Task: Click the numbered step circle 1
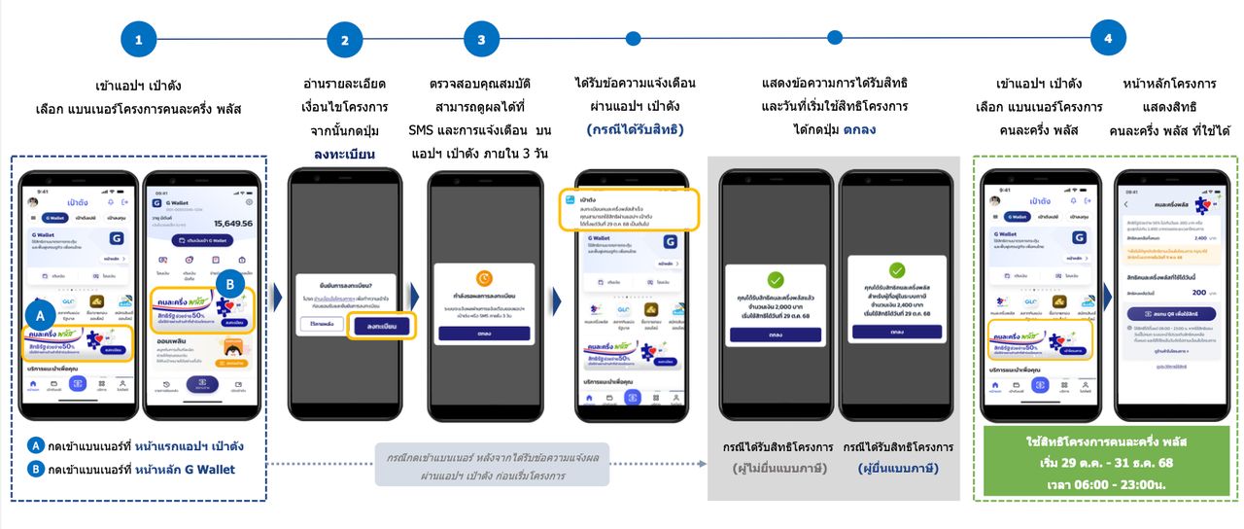coord(139,40)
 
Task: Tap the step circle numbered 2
coord(344,40)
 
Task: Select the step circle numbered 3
coord(481,40)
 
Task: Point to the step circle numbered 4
coord(1108,39)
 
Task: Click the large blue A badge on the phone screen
coord(39,315)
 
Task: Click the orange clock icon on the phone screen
coord(483,277)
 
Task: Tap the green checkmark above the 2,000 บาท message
coord(775,279)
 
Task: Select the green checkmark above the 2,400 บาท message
coord(896,270)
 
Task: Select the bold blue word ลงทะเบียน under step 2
coord(344,154)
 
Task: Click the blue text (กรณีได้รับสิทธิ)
coord(636,129)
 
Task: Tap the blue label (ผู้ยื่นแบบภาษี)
coord(898,468)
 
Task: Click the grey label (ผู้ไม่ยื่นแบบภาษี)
coord(777,468)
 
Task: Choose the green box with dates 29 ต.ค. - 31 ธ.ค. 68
coord(1105,463)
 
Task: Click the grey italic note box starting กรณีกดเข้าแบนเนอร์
coord(492,465)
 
